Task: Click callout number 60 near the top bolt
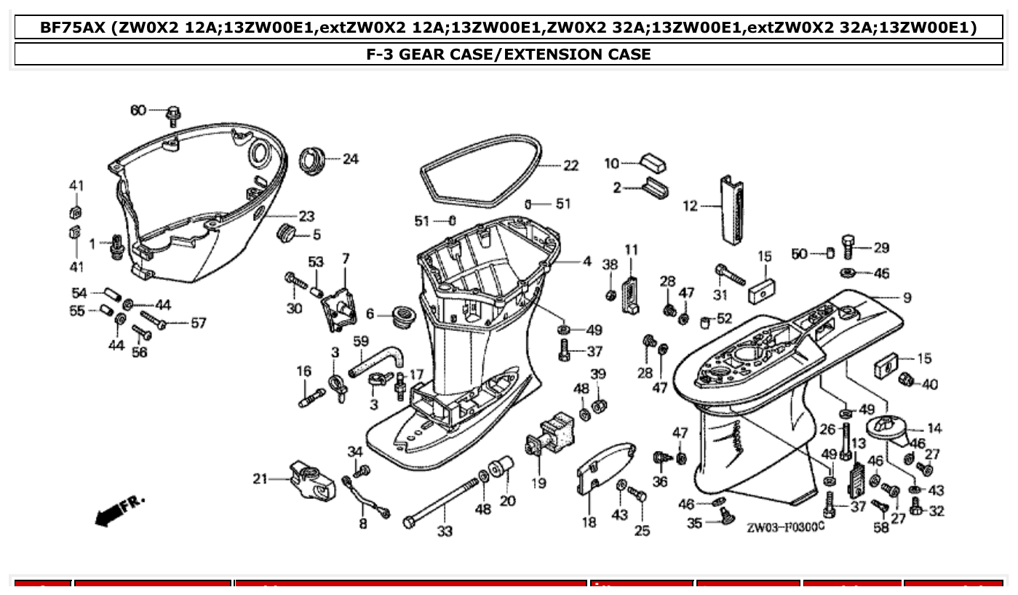(138, 111)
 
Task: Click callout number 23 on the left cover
(306, 216)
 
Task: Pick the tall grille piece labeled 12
(731, 210)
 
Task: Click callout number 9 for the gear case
(907, 297)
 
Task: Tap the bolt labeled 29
(849, 247)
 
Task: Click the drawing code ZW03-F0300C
(785, 525)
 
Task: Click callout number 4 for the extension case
(586, 261)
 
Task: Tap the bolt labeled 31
(729, 274)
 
